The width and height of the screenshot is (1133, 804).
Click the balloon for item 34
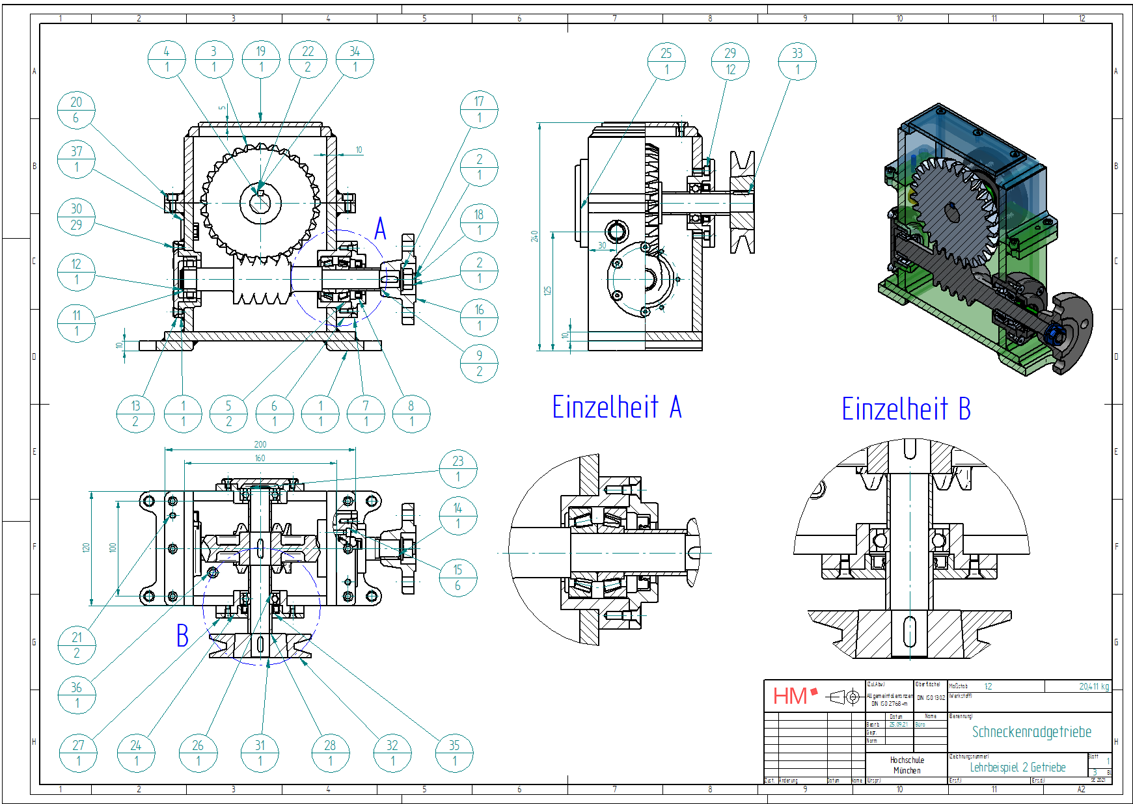(355, 59)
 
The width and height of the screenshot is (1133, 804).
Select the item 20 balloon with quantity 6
(76, 110)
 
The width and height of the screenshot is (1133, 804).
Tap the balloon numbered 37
(76, 159)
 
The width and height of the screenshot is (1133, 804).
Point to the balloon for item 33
(797, 61)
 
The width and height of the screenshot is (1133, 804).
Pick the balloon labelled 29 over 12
(730, 61)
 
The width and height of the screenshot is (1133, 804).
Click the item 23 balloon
(458, 468)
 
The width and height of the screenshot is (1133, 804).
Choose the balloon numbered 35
(454, 753)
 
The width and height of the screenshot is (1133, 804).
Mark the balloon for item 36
(77, 695)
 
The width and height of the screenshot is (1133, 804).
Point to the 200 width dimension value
(260, 444)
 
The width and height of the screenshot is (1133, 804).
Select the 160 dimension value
(260, 458)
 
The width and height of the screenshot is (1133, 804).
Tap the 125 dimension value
(548, 291)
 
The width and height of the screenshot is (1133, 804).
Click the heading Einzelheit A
(616, 408)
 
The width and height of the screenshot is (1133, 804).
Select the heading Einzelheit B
(906, 409)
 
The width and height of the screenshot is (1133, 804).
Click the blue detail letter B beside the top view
(182, 636)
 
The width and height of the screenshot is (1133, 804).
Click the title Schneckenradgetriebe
(1031, 732)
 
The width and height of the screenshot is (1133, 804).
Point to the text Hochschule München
(907, 765)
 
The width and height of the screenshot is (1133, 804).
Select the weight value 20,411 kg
(1093, 686)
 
